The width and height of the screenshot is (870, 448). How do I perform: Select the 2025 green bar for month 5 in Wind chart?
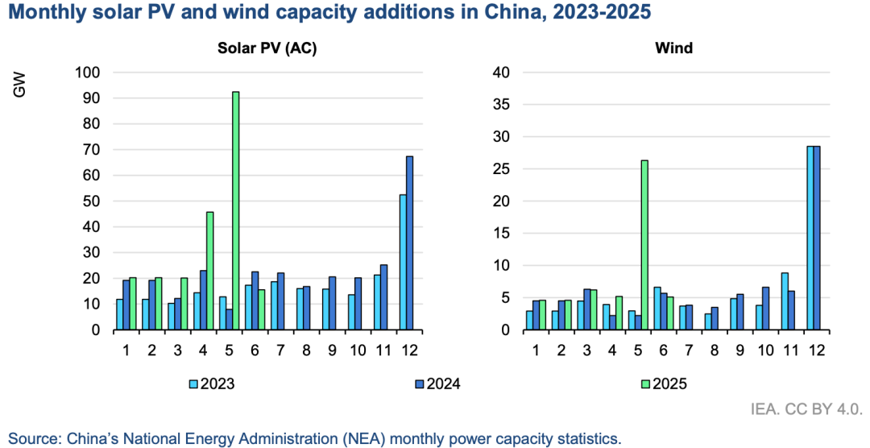tap(644, 244)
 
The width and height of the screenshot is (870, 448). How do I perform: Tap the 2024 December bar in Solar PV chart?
tap(409, 243)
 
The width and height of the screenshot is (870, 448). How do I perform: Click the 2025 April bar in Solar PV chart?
tap(209, 271)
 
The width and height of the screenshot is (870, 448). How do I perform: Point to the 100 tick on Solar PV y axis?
tap(86, 73)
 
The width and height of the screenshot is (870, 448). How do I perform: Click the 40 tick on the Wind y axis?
tap(503, 73)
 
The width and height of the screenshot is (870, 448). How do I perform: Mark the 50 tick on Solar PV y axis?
tap(89, 201)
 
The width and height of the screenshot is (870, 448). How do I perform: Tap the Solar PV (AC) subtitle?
tap(267, 48)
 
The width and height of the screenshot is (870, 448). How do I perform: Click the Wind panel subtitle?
tap(673, 48)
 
